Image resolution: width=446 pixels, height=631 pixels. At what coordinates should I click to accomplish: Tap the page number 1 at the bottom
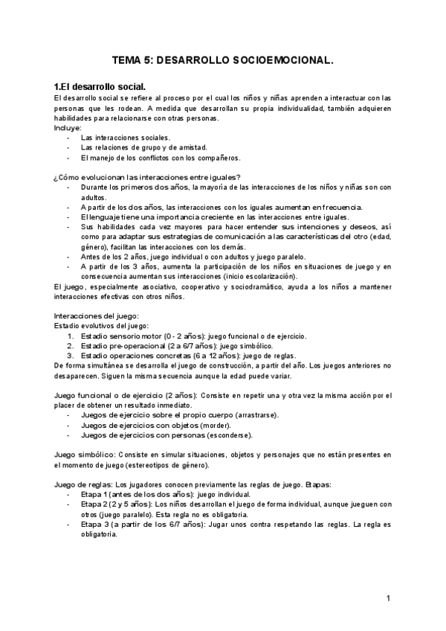pyautogui.click(x=388, y=598)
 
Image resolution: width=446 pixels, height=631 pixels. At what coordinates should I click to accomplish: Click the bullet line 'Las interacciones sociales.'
pyautogui.click(x=126, y=138)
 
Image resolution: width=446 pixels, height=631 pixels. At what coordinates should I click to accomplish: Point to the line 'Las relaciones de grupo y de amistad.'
pyautogui.click(x=144, y=147)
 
